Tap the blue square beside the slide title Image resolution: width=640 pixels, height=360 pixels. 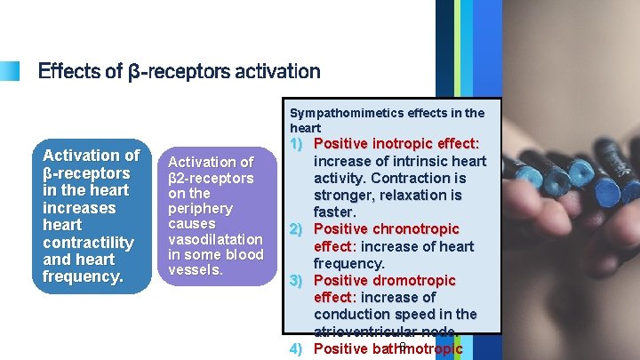[9, 70]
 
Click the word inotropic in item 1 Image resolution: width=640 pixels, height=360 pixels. [405, 143]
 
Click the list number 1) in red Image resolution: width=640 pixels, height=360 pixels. [298, 143]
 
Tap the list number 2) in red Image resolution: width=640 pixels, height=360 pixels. [298, 229]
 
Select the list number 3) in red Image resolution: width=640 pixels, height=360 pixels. [298, 281]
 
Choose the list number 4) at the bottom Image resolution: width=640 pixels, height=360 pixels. [298, 348]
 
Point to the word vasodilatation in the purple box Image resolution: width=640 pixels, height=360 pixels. [216, 239]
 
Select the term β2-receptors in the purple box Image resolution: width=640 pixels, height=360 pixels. [211, 178]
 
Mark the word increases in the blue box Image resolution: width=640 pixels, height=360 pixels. [79, 207]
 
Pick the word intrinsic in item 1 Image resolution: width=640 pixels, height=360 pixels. [427, 161]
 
